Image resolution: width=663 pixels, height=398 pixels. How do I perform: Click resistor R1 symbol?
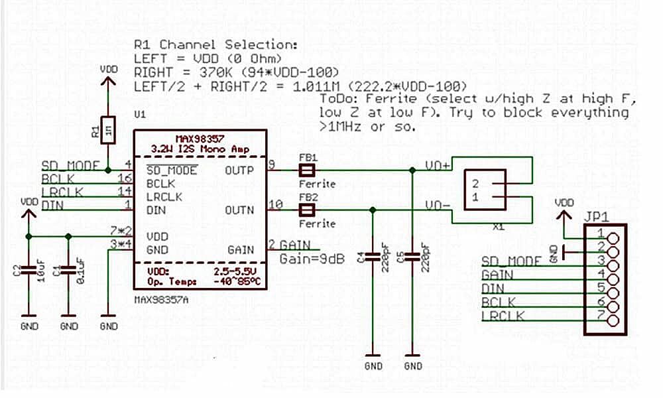107,130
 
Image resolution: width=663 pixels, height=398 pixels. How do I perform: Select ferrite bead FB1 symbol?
306,170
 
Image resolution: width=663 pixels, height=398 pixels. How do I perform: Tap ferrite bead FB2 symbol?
306,211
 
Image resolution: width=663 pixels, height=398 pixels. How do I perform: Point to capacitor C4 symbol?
373,255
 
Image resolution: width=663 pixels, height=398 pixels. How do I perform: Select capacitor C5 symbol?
412,255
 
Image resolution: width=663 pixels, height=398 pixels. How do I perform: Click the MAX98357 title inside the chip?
200,137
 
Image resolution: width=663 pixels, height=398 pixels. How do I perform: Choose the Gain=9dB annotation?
312,259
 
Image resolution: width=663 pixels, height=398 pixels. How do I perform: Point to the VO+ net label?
438,165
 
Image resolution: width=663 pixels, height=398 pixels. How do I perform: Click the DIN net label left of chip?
52,206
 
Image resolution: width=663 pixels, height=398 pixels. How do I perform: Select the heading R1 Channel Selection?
215,45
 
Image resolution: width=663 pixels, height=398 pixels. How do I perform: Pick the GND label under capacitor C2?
29,326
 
